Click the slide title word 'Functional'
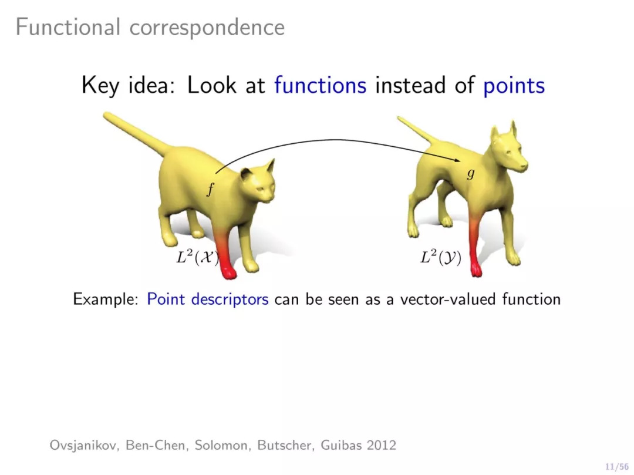[x=68, y=27]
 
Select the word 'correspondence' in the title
[x=207, y=29]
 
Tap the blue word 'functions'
[x=321, y=85]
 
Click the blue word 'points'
[x=514, y=86]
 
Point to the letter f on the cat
[x=210, y=189]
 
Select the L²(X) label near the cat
[x=197, y=257]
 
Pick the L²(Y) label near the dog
[x=441, y=257]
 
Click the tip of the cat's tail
[x=106, y=115]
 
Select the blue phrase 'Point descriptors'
[x=207, y=299]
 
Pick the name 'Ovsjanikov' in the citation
[x=84, y=446]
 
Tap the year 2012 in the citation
[x=382, y=445]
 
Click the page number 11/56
[x=616, y=467]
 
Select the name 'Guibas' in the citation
[x=341, y=445]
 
